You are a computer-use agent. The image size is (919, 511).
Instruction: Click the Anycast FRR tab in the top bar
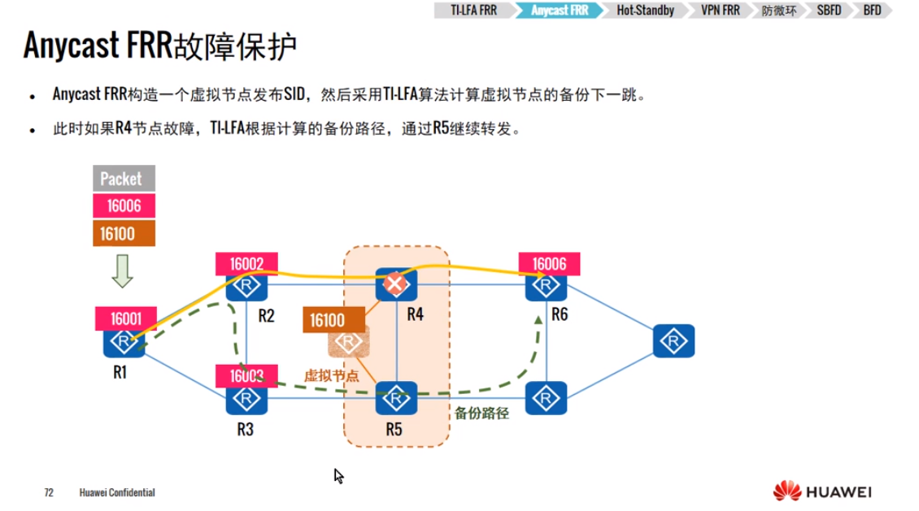coord(559,11)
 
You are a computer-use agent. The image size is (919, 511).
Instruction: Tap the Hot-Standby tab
coord(645,11)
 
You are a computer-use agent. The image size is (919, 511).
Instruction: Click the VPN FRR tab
coord(720,11)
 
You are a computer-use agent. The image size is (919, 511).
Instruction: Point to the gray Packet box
coord(120,179)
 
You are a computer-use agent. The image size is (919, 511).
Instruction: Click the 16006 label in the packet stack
coord(120,206)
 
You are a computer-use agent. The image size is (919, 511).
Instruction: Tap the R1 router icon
coord(124,342)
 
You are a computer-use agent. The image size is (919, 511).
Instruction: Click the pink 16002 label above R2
coord(246,263)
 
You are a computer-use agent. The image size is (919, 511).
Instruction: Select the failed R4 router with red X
coord(396,284)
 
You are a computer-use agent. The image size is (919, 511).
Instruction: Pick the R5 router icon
coord(396,397)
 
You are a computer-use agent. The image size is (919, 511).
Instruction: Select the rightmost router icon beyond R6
coord(673,341)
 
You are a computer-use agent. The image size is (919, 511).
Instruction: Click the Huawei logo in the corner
coord(822,492)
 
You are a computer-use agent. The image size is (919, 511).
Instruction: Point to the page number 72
coord(49,493)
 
